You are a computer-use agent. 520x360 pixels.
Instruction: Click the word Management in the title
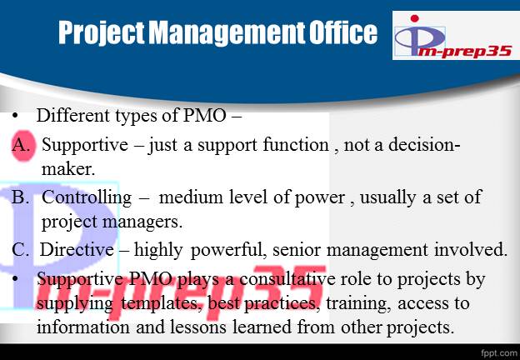tap(227, 32)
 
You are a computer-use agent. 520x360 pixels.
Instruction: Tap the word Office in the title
tap(343, 32)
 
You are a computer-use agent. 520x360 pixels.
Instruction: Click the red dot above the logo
tap(414, 18)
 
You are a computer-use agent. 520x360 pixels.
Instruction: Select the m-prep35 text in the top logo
tap(464, 52)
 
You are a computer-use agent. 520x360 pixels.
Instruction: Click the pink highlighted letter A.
tap(22, 145)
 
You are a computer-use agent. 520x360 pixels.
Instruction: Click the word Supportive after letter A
tap(84, 145)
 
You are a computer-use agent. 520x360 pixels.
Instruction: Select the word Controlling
tap(87, 197)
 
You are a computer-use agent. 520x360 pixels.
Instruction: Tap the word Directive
tap(77, 249)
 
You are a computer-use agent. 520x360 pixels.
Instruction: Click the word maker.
tap(68, 169)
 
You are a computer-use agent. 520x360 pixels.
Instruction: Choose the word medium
tap(192, 197)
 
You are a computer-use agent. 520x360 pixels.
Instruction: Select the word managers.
tap(142, 222)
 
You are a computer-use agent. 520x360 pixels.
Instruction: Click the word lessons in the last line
tap(198, 327)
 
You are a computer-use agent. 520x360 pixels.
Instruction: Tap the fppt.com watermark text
tap(498, 352)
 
